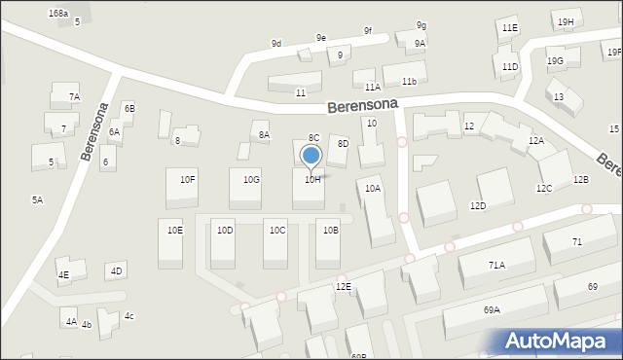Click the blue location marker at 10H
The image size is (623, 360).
(311, 156)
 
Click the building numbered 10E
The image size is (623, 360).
(170, 239)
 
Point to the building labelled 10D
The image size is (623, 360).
(223, 240)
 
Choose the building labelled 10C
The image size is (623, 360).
(275, 240)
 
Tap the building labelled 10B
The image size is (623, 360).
(328, 240)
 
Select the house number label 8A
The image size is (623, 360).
(264, 135)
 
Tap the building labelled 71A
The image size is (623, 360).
(496, 263)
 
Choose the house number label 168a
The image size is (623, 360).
(58, 14)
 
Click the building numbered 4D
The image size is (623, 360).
(117, 270)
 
